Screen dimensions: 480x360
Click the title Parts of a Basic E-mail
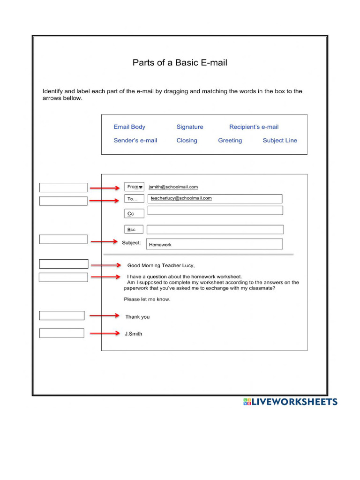[180, 62]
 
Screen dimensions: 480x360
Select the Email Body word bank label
[129, 127]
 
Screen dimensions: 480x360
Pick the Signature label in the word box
[190, 127]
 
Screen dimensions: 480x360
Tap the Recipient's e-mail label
[254, 127]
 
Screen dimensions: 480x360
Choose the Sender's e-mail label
[135, 141]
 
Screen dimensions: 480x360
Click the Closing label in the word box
[187, 141]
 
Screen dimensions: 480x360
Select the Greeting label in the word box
[230, 141]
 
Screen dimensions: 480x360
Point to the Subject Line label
[280, 141]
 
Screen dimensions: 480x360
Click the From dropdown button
[135, 187]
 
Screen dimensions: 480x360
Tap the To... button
[134, 199]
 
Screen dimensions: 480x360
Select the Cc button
[134, 214]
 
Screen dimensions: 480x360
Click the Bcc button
[134, 230]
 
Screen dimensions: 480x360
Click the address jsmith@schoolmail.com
[173, 187]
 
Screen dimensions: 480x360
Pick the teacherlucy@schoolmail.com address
[181, 198]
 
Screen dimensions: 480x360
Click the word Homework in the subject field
[160, 245]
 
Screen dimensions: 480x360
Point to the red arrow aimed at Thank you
[105, 316]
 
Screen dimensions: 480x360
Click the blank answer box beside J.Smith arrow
[61, 333]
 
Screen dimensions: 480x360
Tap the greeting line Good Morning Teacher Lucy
[161, 265]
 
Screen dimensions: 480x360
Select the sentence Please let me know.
[147, 299]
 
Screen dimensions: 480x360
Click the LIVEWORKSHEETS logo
[290, 402]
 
